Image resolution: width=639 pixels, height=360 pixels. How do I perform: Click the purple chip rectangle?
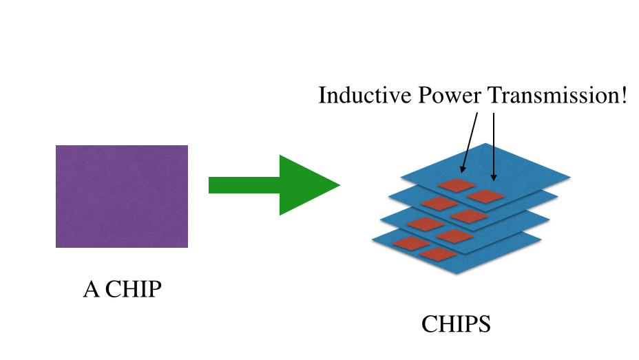point(122,196)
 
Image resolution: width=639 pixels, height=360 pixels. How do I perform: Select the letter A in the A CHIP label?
point(90,290)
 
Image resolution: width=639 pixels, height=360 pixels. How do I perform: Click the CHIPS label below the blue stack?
point(456,324)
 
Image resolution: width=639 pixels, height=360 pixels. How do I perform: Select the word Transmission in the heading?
point(552,95)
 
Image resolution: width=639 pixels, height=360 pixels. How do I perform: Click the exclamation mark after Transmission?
point(623,95)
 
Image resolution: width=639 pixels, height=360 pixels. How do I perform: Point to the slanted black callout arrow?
point(470,141)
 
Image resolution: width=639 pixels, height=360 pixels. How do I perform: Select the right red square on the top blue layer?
point(485,195)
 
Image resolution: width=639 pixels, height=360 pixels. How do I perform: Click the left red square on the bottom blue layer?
point(411,243)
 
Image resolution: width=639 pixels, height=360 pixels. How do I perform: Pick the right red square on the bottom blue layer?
point(438,254)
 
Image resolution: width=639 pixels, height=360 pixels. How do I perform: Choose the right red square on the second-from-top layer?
point(468,215)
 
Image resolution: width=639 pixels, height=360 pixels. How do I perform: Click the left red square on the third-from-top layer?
point(426,224)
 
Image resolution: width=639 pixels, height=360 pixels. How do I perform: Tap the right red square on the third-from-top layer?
point(453,236)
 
